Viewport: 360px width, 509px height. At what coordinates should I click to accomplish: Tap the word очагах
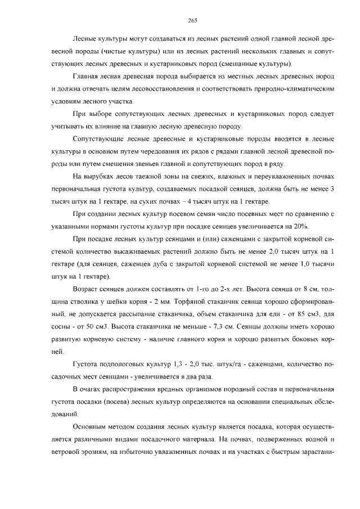94,390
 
